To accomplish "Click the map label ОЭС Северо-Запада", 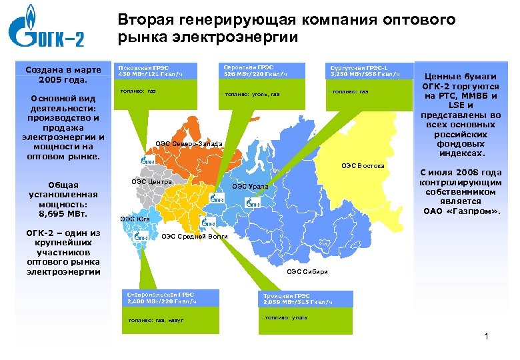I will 189,144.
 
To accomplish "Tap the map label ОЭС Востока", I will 363,165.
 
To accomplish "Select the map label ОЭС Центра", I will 151,181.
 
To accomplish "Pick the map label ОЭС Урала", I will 250,187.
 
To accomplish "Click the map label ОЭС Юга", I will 135,218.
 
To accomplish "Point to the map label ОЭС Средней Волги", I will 195,237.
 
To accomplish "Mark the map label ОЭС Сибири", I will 307,271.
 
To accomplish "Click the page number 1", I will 487,336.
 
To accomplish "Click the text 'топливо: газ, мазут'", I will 155,321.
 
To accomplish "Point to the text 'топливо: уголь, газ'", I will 252,94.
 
